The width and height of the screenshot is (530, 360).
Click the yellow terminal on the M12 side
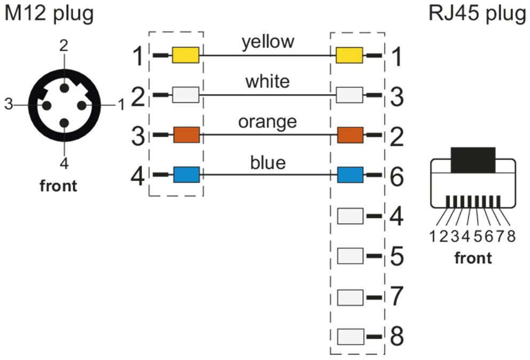[x=185, y=55]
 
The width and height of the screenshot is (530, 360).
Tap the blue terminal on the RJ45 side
[x=350, y=175]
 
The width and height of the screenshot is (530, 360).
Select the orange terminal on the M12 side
[x=185, y=135]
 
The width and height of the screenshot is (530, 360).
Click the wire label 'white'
[x=267, y=82]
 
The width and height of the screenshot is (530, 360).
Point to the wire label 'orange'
[x=267, y=122]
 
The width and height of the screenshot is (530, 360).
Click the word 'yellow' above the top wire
[x=267, y=42]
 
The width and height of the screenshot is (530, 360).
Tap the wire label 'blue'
[x=267, y=162]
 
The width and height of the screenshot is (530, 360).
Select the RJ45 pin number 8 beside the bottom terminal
[x=396, y=336]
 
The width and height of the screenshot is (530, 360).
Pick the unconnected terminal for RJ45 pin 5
[x=350, y=255]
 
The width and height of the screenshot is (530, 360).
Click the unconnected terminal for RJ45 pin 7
[x=350, y=295]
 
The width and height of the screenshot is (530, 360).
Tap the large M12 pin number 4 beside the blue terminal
[x=138, y=176]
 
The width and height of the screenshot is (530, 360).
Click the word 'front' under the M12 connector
[x=59, y=186]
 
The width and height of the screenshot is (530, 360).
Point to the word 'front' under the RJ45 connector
[x=473, y=259]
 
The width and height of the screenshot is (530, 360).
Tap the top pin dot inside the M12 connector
[x=64, y=86]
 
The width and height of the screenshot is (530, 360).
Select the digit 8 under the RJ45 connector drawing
[x=511, y=237]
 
